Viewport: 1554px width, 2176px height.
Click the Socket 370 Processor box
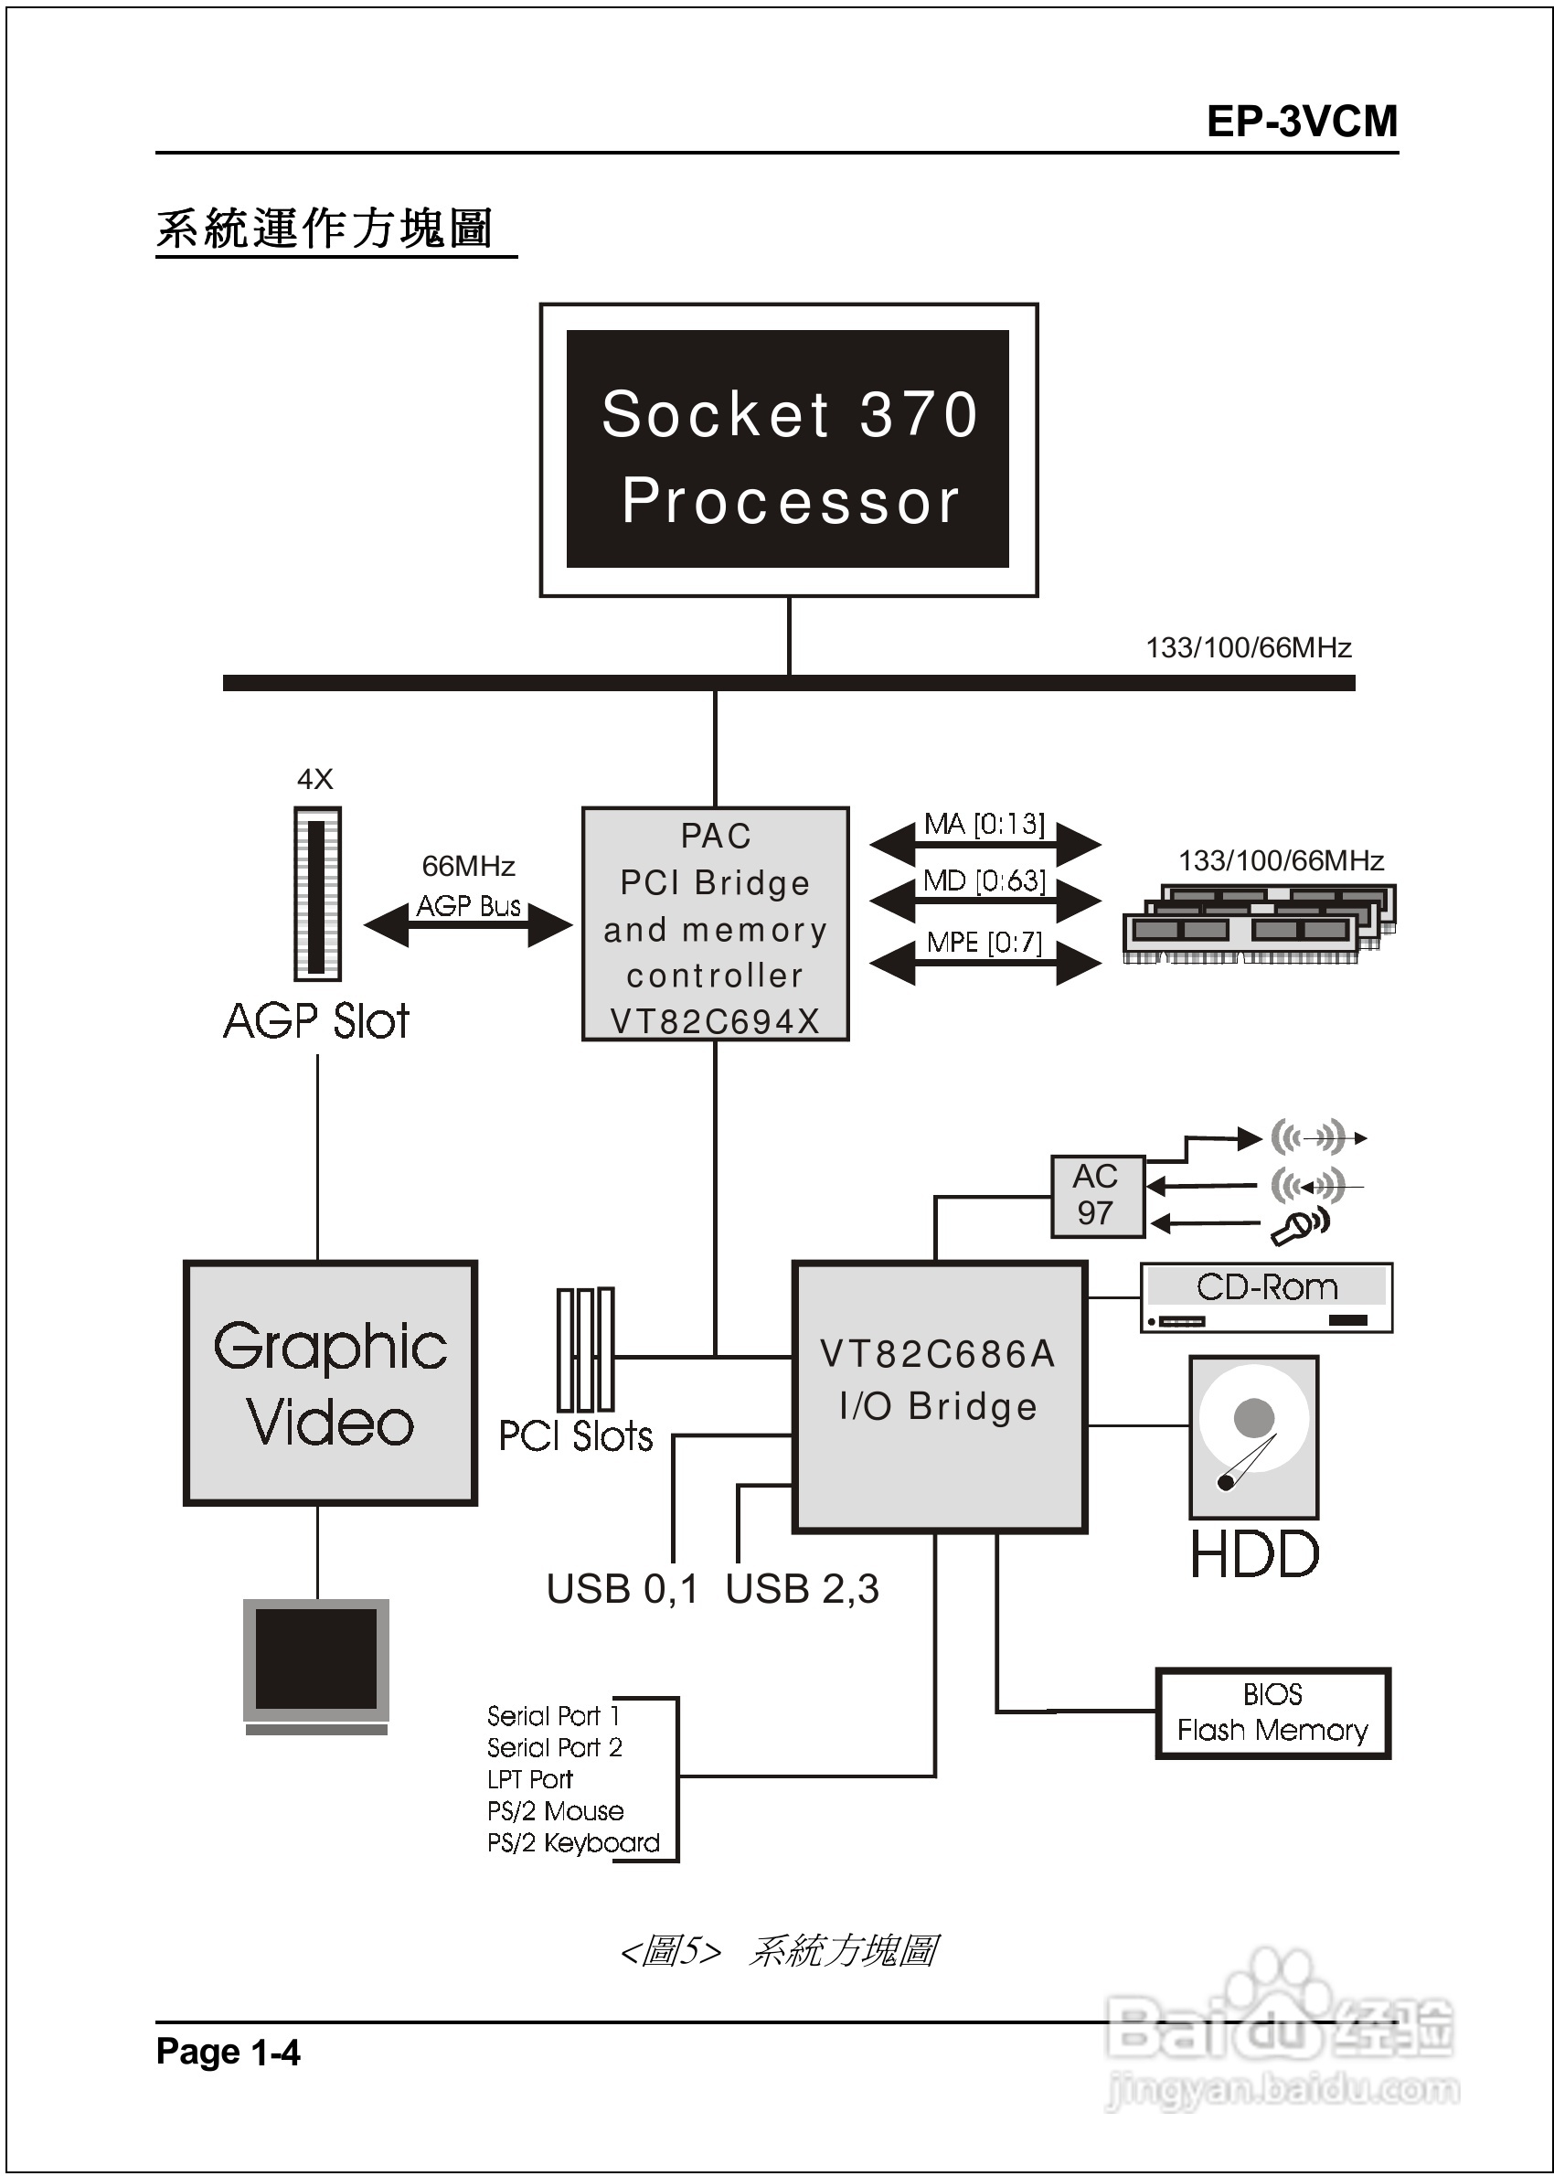point(788,450)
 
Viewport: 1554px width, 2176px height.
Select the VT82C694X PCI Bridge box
point(715,923)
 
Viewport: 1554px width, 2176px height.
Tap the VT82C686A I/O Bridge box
point(939,1396)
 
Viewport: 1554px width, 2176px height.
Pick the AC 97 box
point(1097,1195)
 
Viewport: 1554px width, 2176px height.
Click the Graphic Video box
point(330,1382)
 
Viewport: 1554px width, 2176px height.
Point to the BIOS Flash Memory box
point(1272,1712)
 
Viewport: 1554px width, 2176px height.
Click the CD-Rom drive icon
point(1265,1297)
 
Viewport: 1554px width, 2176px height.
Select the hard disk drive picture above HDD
point(1253,1436)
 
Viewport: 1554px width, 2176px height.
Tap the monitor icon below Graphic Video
point(315,1665)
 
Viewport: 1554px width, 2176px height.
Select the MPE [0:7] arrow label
point(985,944)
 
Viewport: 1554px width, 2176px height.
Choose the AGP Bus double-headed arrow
point(468,924)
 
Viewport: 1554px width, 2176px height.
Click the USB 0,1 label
point(622,1589)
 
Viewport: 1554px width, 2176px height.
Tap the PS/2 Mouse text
point(555,1810)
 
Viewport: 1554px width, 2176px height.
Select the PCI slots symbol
point(585,1349)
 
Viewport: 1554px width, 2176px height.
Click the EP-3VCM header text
point(1302,122)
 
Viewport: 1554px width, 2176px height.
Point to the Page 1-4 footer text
point(228,2052)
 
